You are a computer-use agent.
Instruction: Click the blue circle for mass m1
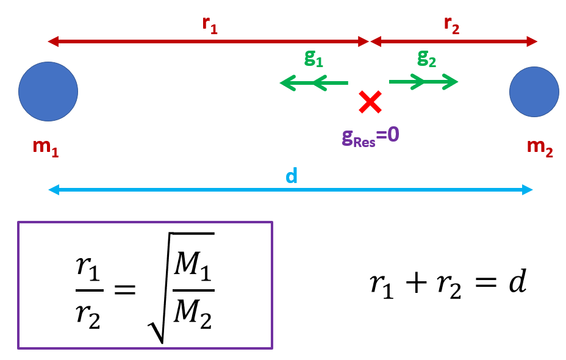pyautogui.click(x=48, y=92)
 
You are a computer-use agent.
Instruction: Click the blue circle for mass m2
pyautogui.click(x=534, y=92)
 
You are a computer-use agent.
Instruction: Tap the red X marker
pyautogui.click(x=370, y=102)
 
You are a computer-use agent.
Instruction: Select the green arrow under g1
pyautogui.click(x=313, y=82)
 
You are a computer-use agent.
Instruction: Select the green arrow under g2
pyautogui.click(x=423, y=81)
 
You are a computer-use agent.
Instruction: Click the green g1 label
pyautogui.click(x=313, y=58)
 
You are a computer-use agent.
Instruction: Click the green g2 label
pyautogui.click(x=427, y=58)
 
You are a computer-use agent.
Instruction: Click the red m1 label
pyautogui.click(x=46, y=148)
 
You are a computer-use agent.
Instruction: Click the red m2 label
pyautogui.click(x=540, y=148)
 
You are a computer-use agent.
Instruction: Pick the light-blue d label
pyautogui.click(x=292, y=176)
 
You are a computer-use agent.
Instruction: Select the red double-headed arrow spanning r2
pyautogui.click(x=454, y=41)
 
